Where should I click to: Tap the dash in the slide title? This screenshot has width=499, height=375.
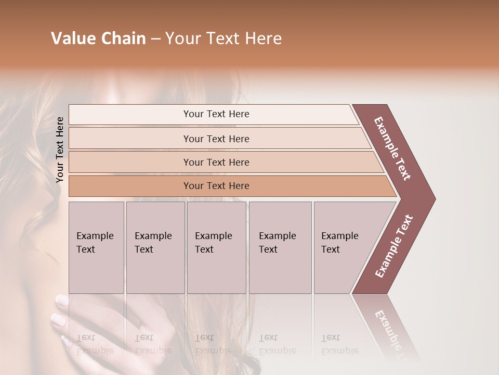click(155, 39)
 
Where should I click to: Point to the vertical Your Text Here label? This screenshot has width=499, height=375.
click(60, 149)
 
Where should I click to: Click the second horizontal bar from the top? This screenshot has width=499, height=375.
click(216, 139)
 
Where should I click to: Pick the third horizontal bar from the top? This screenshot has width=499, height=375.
click(216, 162)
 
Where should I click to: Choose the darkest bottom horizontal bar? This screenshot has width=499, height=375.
click(216, 186)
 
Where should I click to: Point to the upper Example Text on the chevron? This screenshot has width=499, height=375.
click(392, 148)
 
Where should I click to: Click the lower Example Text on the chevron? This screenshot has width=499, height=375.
click(393, 246)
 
